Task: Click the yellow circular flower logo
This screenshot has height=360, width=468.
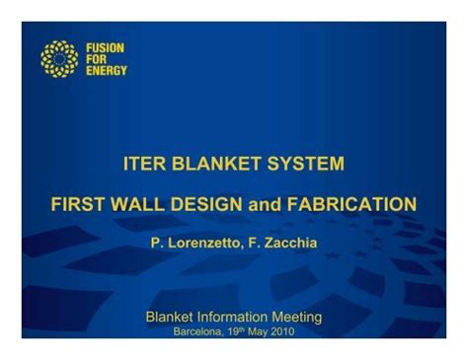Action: pos(58,59)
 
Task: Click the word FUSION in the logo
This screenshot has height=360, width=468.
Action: pos(104,47)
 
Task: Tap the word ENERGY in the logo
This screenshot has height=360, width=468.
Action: pos(106,71)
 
